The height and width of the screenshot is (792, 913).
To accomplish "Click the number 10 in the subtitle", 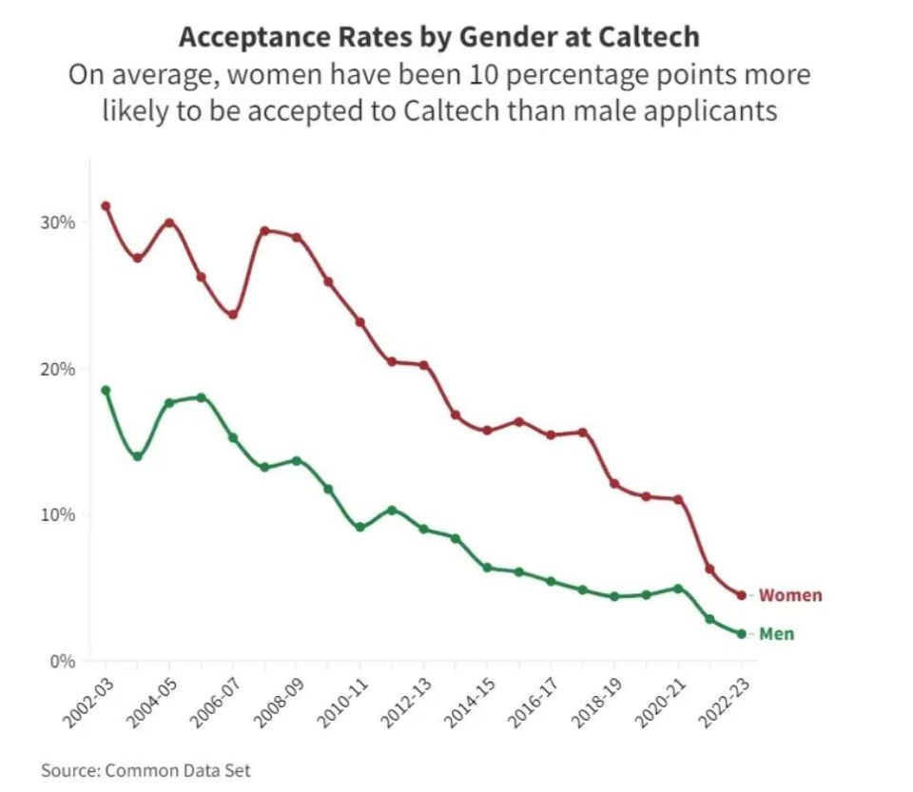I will (x=501, y=75).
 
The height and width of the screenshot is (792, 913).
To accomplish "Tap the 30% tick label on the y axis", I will (x=56, y=222).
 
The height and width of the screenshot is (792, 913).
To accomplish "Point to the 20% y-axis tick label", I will (x=56, y=369).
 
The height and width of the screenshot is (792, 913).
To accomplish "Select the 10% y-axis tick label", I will (x=56, y=514).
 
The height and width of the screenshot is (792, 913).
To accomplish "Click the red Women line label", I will (x=790, y=596).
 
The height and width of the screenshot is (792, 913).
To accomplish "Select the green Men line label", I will (x=776, y=634).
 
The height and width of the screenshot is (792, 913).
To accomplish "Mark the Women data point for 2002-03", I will (x=106, y=206).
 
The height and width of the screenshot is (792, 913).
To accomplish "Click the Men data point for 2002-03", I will (x=106, y=390).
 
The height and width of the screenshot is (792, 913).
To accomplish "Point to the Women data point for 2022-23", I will (x=742, y=596).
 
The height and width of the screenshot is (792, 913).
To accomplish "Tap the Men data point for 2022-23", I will (x=742, y=634).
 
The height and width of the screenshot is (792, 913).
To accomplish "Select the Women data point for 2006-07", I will (x=233, y=315).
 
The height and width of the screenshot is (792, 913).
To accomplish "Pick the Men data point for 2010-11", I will (x=360, y=527).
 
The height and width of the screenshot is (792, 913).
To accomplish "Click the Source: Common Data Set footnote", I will (x=146, y=770).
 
